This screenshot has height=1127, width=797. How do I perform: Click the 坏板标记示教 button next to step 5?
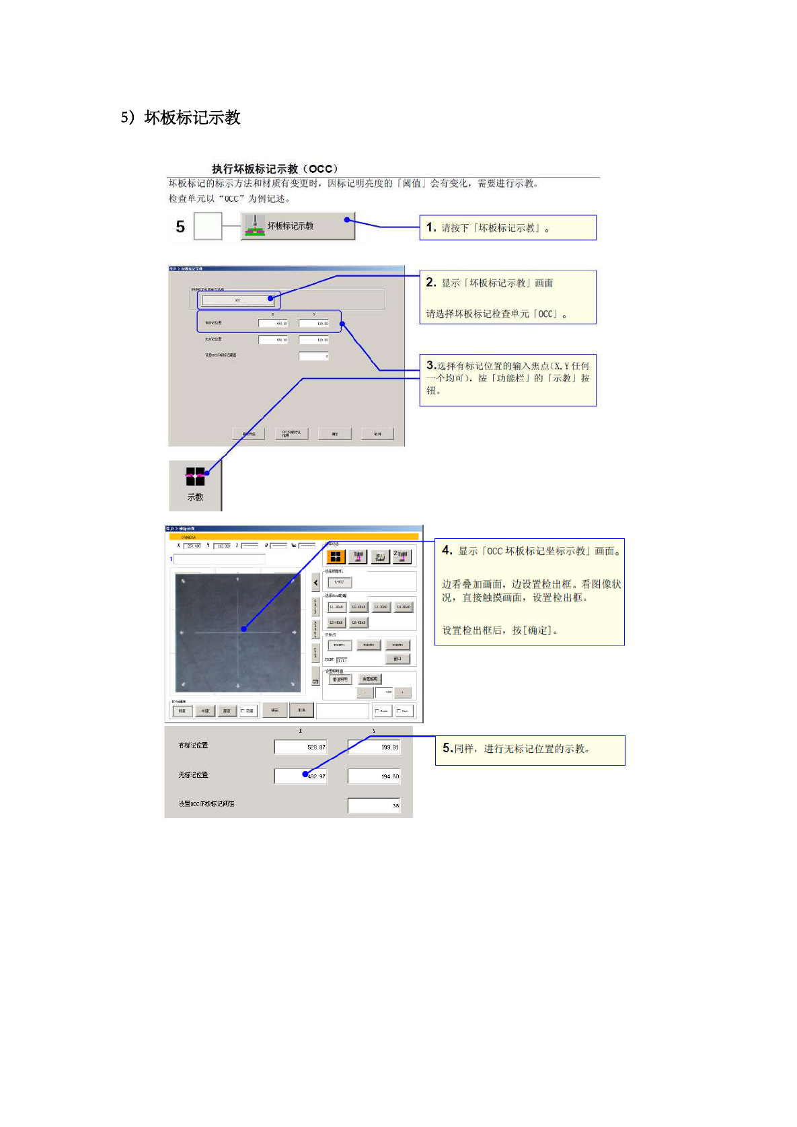(x=297, y=226)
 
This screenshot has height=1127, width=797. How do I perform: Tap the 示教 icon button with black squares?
(x=195, y=484)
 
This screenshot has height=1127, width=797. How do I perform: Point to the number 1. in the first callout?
(x=431, y=227)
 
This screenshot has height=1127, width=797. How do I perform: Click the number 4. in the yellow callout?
(x=447, y=550)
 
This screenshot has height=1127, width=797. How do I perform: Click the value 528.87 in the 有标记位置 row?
(x=301, y=747)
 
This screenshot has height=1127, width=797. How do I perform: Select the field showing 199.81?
(x=374, y=747)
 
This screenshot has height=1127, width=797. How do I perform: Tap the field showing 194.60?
(x=374, y=776)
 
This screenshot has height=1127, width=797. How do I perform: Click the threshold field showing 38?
(x=374, y=805)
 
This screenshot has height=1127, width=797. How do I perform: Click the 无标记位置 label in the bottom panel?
(x=193, y=775)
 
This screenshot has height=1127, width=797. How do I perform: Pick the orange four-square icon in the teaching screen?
(x=336, y=556)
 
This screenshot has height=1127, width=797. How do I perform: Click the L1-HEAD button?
(x=336, y=607)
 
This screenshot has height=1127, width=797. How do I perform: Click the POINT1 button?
(x=339, y=645)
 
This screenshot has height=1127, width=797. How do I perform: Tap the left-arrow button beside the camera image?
(x=315, y=583)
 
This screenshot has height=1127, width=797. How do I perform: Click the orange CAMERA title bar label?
(x=188, y=537)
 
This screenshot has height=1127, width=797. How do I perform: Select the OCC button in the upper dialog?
(x=238, y=300)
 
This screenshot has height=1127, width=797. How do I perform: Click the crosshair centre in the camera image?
(x=237, y=632)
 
